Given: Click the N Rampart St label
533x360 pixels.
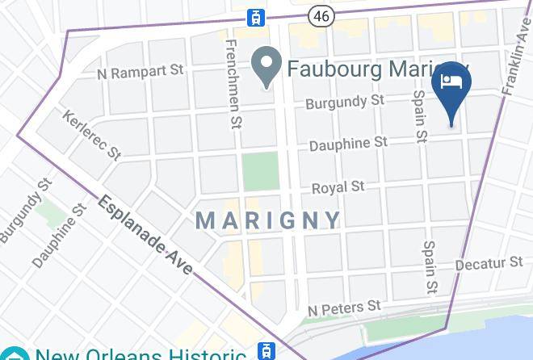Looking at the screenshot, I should tap(141, 73).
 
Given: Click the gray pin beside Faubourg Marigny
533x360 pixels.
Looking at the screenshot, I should tap(265, 69).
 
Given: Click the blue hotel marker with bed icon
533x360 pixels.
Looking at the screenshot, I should tap(451, 90).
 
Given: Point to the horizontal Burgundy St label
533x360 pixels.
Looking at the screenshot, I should tap(343, 103).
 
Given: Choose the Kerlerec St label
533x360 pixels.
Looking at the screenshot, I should tap(90, 135).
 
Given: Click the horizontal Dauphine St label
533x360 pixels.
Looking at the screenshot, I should tap(348, 144).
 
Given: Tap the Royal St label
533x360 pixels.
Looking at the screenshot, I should tap(338, 187).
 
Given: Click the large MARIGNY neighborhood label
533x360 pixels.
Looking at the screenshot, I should tap(268, 220).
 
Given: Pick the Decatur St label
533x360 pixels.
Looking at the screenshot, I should tap(489, 264).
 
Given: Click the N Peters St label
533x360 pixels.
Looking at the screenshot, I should tap(344, 308).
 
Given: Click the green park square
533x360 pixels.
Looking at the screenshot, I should tap(260, 171).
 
